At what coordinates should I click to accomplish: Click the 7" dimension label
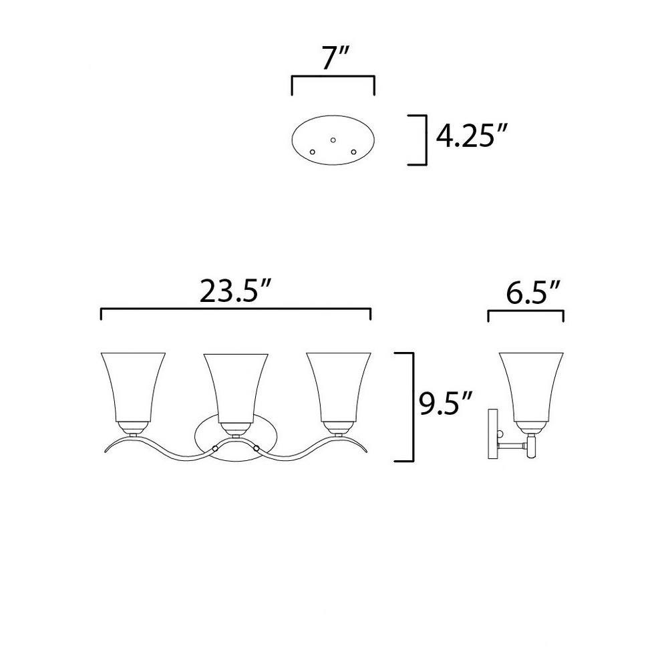[x=335, y=57]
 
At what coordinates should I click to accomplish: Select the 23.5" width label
[x=236, y=291]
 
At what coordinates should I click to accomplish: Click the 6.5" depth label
[x=533, y=292]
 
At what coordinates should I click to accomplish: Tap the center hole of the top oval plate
[x=333, y=140]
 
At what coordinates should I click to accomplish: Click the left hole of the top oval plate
[x=312, y=152]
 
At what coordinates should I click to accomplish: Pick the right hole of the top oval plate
[x=353, y=152]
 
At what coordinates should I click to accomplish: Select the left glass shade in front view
[x=133, y=387]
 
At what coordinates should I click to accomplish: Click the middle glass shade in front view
[x=236, y=387]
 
